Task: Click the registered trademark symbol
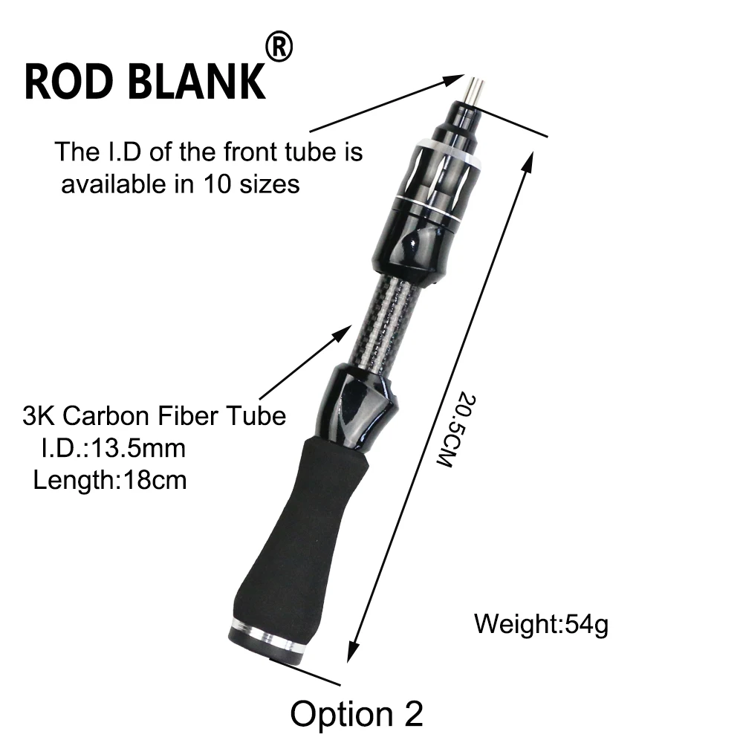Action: point(279,46)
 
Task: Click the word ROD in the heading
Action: point(68,82)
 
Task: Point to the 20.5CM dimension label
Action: point(455,429)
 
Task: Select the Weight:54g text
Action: point(541,624)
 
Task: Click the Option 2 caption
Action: point(357,713)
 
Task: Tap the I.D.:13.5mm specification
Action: point(114,448)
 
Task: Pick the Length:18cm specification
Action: point(110,480)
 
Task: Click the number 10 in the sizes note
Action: point(218,184)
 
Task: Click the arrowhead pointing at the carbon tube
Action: point(343,332)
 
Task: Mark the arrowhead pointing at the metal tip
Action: point(453,80)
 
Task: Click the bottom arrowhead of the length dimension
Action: point(351,652)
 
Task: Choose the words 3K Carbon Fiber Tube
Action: point(155,416)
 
